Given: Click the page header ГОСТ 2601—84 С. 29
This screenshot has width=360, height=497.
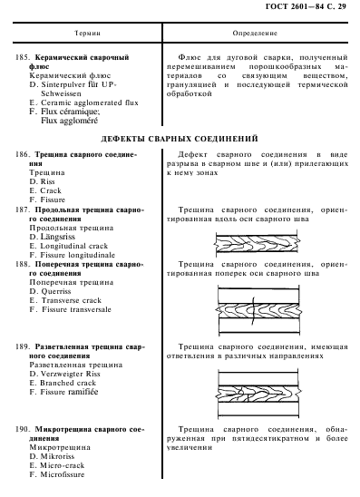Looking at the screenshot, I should (303, 8).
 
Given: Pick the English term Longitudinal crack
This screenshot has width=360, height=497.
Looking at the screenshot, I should (76, 246).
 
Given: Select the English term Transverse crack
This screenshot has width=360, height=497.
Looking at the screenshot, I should (74, 300).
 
